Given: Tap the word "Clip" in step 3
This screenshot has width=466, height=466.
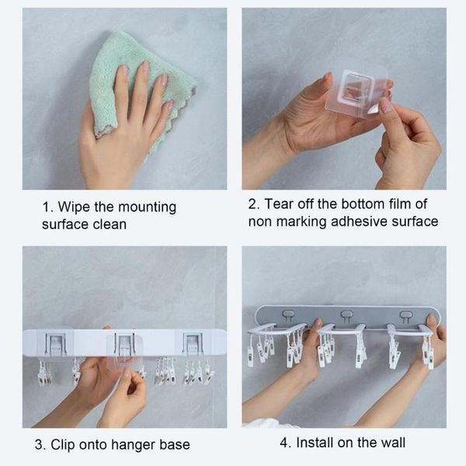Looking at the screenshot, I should pos(68,445).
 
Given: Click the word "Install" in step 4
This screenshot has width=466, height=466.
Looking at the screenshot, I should pos(315,443).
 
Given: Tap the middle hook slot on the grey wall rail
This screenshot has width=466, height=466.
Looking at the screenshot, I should pos(346,315).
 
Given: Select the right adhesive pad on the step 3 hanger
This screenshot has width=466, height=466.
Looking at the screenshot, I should pos(193,343).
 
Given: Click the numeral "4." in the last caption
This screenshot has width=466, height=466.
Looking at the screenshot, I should pos(285,443).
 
